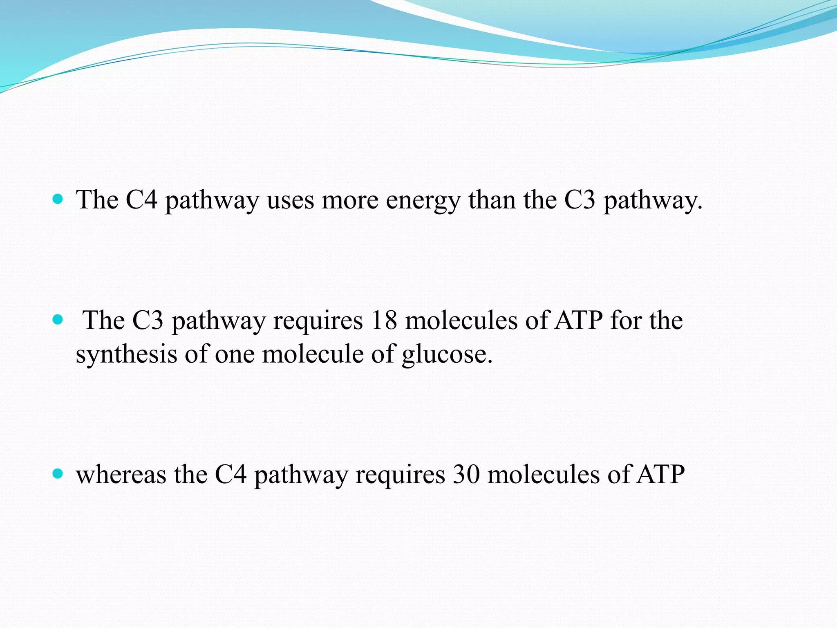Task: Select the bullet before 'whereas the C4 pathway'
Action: [58, 474]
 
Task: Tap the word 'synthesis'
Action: [126, 354]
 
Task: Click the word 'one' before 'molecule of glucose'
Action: [235, 354]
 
